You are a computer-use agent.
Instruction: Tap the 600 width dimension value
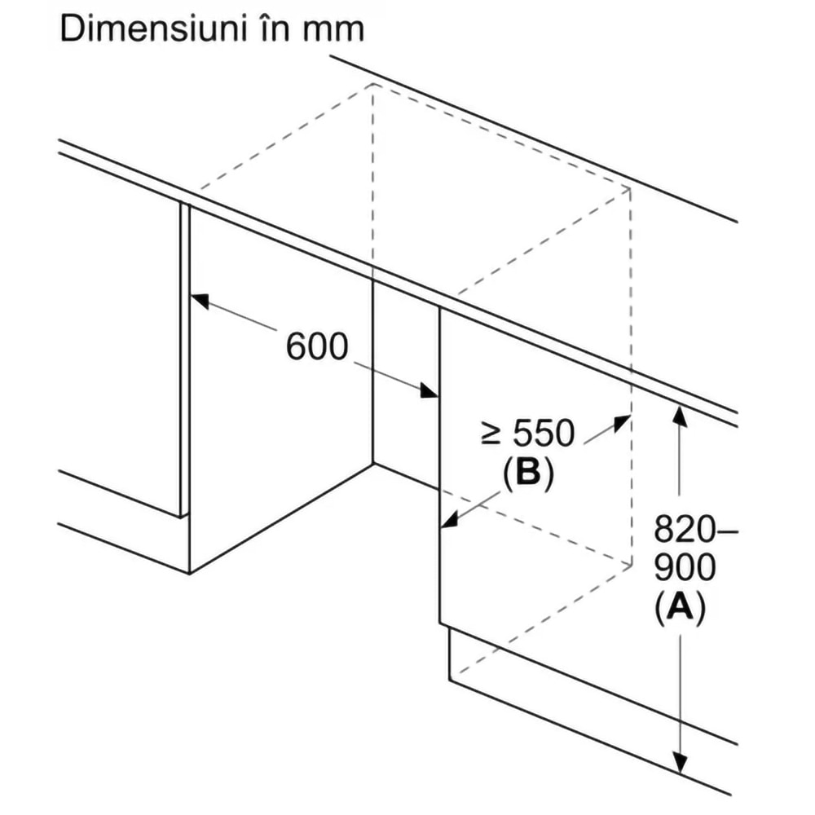click(x=317, y=348)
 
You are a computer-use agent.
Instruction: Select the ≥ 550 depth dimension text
click(x=527, y=434)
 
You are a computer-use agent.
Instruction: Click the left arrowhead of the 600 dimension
click(x=198, y=298)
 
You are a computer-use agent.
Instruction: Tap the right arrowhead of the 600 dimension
click(x=430, y=393)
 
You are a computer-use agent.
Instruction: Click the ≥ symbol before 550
click(x=490, y=435)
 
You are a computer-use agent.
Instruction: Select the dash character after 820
click(x=728, y=532)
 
